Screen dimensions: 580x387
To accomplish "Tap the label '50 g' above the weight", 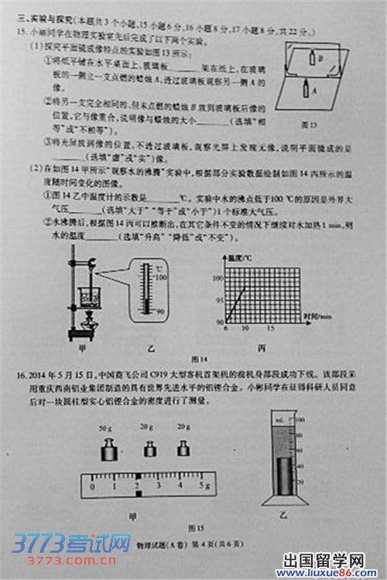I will click(x=105, y=428).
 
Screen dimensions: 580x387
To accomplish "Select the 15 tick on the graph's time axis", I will click(x=268, y=329).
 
